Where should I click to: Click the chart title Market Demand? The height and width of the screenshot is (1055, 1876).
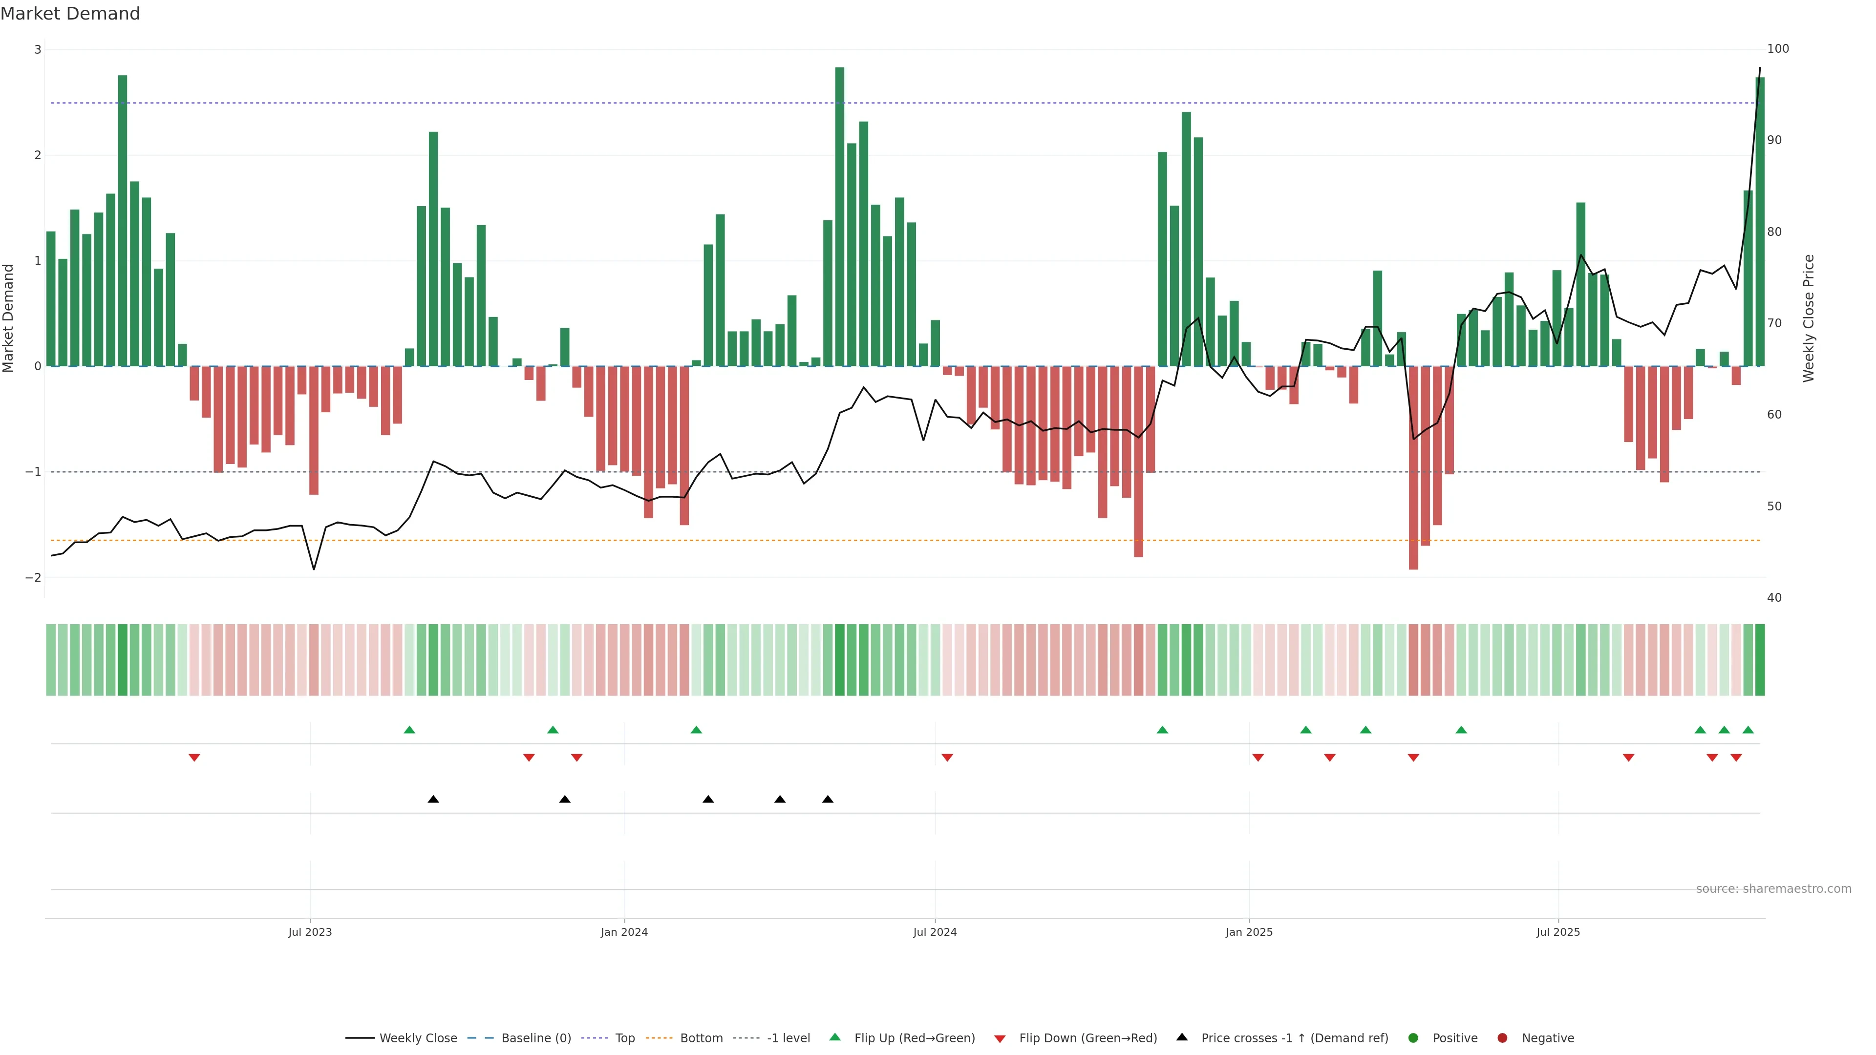click(x=70, y=14)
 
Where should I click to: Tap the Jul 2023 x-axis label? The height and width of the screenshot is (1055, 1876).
click(x=310, y=932)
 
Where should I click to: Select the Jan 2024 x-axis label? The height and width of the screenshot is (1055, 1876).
click(x=624, y=932)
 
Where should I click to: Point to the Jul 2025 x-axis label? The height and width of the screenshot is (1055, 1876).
click(x=1558, y=932)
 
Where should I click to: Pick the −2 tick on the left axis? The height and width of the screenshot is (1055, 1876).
click(x=34, y=577)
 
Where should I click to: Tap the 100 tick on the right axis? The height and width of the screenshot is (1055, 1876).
click(x=1778, y=49)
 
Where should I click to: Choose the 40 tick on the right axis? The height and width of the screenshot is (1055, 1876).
click(x=1774, y=598)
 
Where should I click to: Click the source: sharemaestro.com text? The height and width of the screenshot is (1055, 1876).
click(x=1773, y=889)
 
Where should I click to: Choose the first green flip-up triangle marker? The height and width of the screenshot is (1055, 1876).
click(x=409, y=730)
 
